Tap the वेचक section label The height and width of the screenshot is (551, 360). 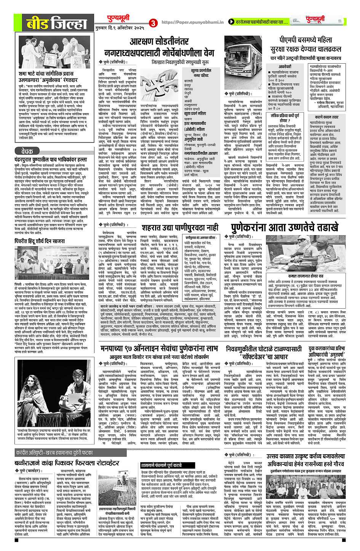pos(30,151)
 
